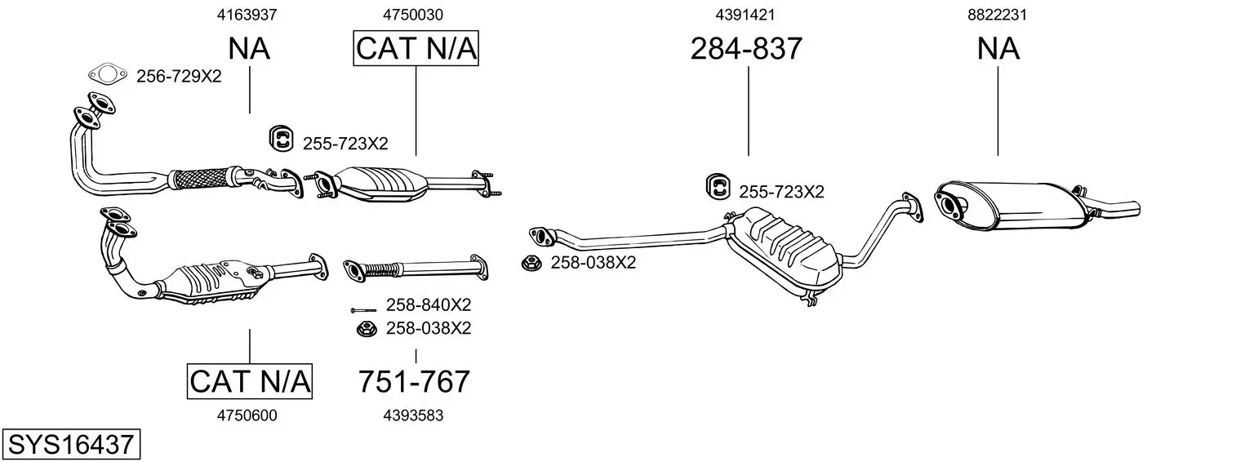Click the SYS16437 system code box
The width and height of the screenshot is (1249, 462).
pos(71,444)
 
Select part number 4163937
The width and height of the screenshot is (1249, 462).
pos(247,15)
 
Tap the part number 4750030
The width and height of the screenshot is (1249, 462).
pos(413,15)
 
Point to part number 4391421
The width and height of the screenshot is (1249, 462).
pos(745,15)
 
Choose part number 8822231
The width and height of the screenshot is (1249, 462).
pos(997,15)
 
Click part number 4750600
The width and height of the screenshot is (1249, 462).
pos(247,415)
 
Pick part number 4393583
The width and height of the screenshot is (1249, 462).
pos(413,415)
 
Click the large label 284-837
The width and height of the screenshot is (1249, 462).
pos(746,48)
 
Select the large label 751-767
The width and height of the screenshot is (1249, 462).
pos(414,382)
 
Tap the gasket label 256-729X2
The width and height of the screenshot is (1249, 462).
pos(179,77)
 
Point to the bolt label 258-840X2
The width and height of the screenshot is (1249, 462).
pos(429,304)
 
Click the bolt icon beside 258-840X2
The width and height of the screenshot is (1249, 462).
pos(363,310)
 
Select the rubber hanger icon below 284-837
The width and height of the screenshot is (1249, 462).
pos(718,187)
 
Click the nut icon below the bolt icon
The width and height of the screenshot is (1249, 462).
pos(367,329)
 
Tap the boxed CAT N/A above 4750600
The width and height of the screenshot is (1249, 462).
pos(250,382)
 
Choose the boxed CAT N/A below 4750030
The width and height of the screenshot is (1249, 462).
pos(416,48)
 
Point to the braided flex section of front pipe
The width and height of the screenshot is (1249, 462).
pos(200,178)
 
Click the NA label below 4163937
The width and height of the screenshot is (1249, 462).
pos(249,48)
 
